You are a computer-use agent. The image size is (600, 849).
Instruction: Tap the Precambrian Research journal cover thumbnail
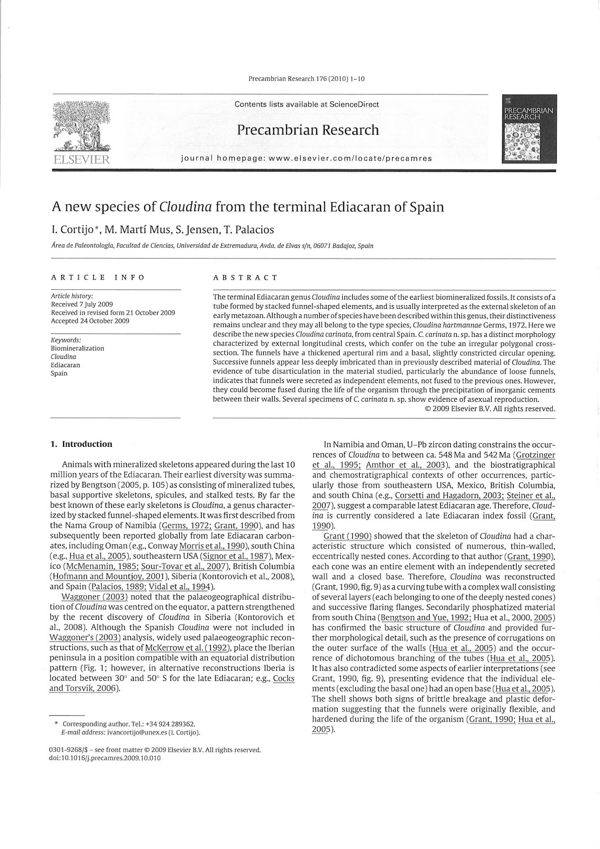(529, 129)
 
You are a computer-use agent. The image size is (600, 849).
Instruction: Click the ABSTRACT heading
(245, 277)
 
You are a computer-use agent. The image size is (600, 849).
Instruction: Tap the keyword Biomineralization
(77, 348)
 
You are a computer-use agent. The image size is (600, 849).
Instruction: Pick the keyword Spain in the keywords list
(59, 373)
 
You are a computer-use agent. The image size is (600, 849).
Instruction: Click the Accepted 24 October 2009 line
(90, 320)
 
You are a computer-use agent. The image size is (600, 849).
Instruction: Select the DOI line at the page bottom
(105, 758)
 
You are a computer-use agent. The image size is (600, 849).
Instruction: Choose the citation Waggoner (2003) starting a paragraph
(94, 596)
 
